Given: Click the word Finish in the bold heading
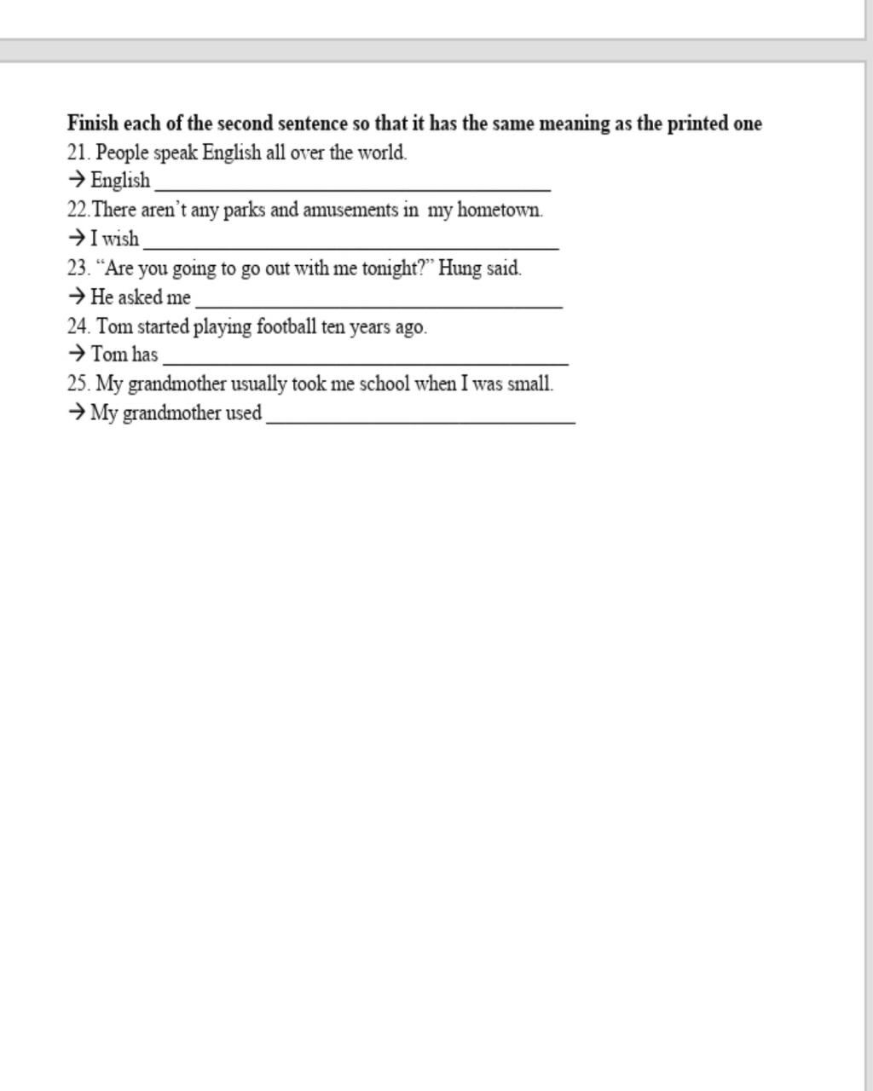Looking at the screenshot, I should (x=93, y=124).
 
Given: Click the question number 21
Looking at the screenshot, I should (x=78, y=153).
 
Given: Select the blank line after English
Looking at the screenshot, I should (x=352, y=187).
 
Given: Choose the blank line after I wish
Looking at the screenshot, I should (x=350, y=245).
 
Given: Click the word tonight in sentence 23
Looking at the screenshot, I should (x=392, y=268).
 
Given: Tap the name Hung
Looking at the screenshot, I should (x=460, y=268).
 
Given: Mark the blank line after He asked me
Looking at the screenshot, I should (x=379, y=303).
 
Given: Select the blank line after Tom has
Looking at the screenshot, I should (x=365, y=361).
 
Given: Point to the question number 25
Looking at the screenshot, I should (x=78, y=384).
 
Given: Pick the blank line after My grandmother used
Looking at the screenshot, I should (x=420, y=420).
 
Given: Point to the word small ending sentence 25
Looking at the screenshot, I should (x=529, y=384).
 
